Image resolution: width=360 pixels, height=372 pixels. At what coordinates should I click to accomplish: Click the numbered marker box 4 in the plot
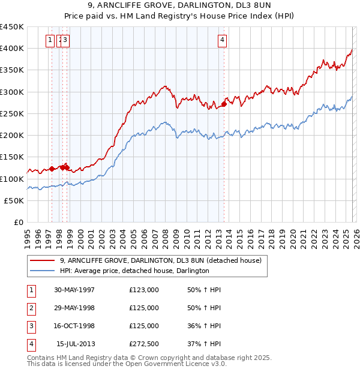point(222,40)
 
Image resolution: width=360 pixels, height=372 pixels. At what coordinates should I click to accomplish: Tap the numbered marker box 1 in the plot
point(50,40)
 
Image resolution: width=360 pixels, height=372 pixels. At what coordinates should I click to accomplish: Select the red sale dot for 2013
point(224,104)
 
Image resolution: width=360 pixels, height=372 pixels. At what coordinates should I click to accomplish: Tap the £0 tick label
point(19,223)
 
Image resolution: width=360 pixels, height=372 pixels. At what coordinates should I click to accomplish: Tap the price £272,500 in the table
point(144,344)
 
